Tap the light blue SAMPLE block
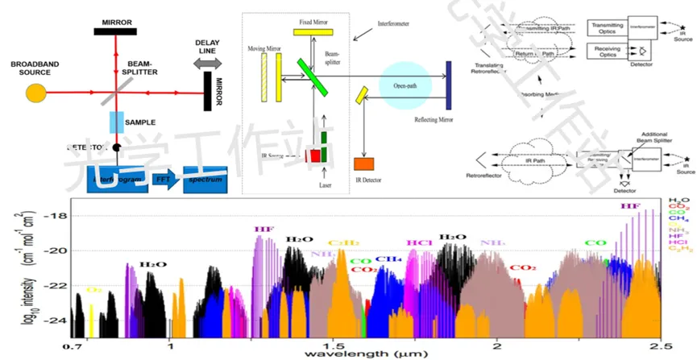coord(115,122)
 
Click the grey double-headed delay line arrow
coord(208,64)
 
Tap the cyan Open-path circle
coord(405,85)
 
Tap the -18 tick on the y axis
coord(53,215)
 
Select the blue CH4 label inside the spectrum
coord(389,259)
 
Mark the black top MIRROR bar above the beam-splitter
coord(116,31)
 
